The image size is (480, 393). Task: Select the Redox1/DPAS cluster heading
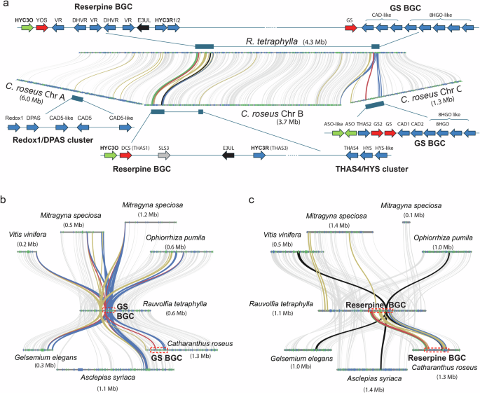43,142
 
